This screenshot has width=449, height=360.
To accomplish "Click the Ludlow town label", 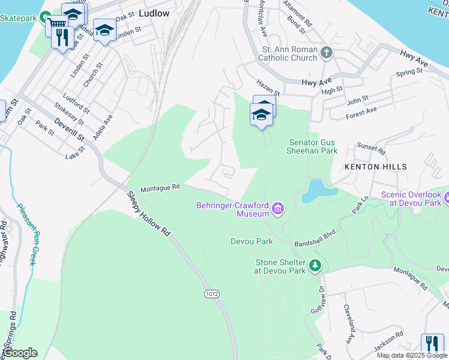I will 154,13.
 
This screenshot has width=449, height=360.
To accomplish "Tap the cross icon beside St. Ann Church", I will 327,53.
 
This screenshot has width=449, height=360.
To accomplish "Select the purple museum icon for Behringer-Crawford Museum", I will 277,209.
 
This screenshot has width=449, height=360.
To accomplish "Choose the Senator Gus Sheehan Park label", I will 312,146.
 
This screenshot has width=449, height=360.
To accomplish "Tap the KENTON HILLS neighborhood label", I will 375,166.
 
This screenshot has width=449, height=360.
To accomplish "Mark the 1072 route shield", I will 211,293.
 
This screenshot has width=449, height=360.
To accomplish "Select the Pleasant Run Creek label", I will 28,235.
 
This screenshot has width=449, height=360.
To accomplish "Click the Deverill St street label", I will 70,130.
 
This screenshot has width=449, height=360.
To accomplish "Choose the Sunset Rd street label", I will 370,148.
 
